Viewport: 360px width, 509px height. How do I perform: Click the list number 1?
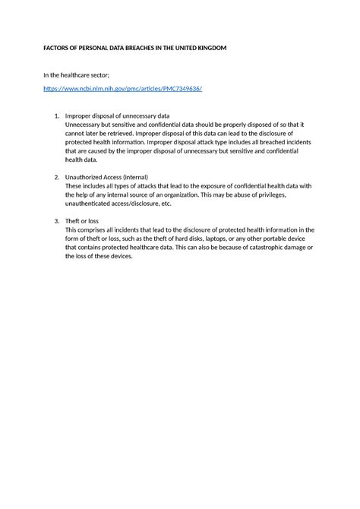(56, 115)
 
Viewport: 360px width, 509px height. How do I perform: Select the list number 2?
(56, 176)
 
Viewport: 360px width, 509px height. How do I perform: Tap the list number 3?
(56, 221)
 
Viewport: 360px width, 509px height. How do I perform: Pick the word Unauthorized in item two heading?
(87, 176)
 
